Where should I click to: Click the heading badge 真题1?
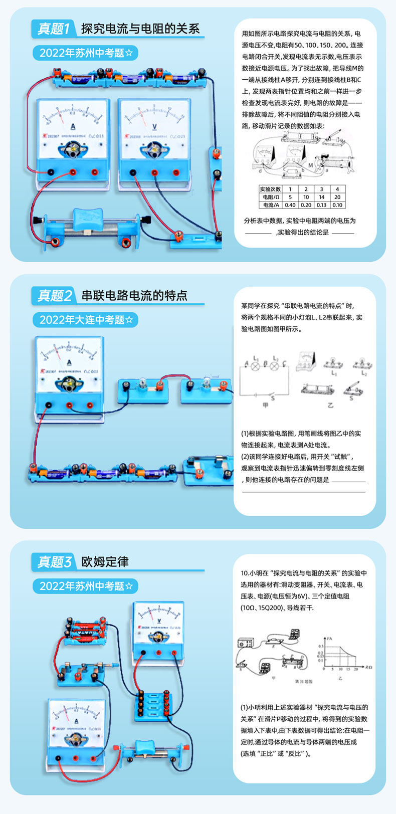click(54, 28)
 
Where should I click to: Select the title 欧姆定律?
click(105, 561)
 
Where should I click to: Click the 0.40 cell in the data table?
click(290, 205)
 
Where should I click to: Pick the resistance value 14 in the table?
click(321, 197)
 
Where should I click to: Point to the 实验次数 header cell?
click(270, 189)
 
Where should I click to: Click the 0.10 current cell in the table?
click(337, 205)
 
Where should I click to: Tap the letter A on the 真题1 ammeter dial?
click(73, 126)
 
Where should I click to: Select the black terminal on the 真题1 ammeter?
click(51, 172)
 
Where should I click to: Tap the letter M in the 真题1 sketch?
click(311, 164)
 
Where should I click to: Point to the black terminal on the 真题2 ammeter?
click(48, 405)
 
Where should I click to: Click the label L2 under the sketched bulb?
click(364, 373)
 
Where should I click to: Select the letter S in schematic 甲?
click(273, 397)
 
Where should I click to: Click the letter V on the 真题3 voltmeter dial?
click(158, 621)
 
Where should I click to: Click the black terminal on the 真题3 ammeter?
click(59, 757)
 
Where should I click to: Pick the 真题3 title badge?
click(54, 561)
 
